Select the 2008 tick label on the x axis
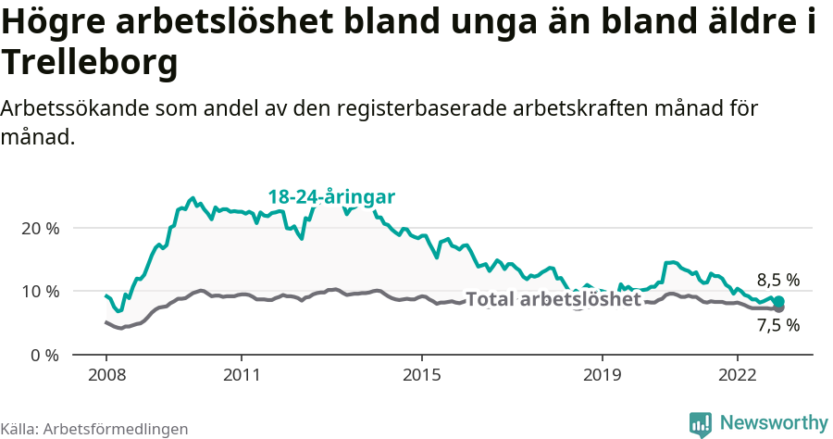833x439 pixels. click(x=106, y=377)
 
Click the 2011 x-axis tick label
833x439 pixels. click(x=242, y=377)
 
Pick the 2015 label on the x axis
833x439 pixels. click(x=422, y=377)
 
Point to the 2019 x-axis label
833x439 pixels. click(x=603, y=377)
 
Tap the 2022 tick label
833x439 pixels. click(x=738, y=377)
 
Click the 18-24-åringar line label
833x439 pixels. click(x=331, y=196)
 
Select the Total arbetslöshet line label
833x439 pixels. click(x=553, y=299)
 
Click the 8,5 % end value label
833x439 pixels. click(x=777, y=280)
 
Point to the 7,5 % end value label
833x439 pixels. click(x=777, y=325)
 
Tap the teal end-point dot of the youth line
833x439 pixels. click(x=778, y=301)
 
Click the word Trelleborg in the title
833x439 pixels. click(x=89, y=63)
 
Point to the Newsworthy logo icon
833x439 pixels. click(x=701, y=424)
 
